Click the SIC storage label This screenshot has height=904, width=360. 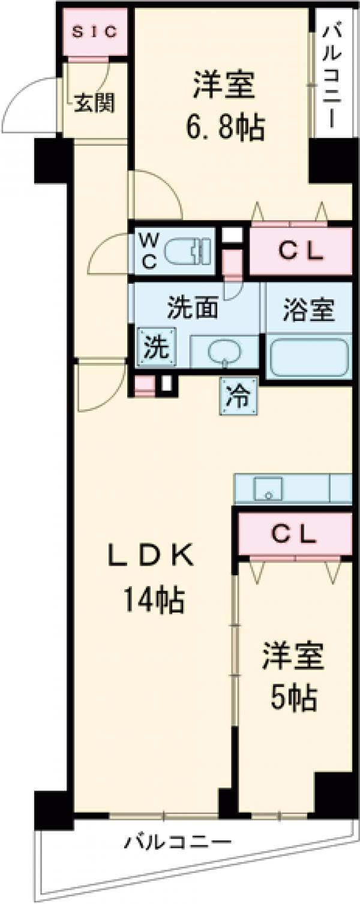coord(96,32)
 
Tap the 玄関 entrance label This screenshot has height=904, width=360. coord(94,104)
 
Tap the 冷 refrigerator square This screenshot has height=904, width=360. coord(238,395)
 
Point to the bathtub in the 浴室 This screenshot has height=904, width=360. coord(308,357)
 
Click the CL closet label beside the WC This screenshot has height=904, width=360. coord(300,250)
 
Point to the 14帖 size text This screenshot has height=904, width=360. coord(154,599)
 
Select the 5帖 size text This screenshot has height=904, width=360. coord(293,698)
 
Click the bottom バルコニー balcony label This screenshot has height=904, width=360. coord(178,842)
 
